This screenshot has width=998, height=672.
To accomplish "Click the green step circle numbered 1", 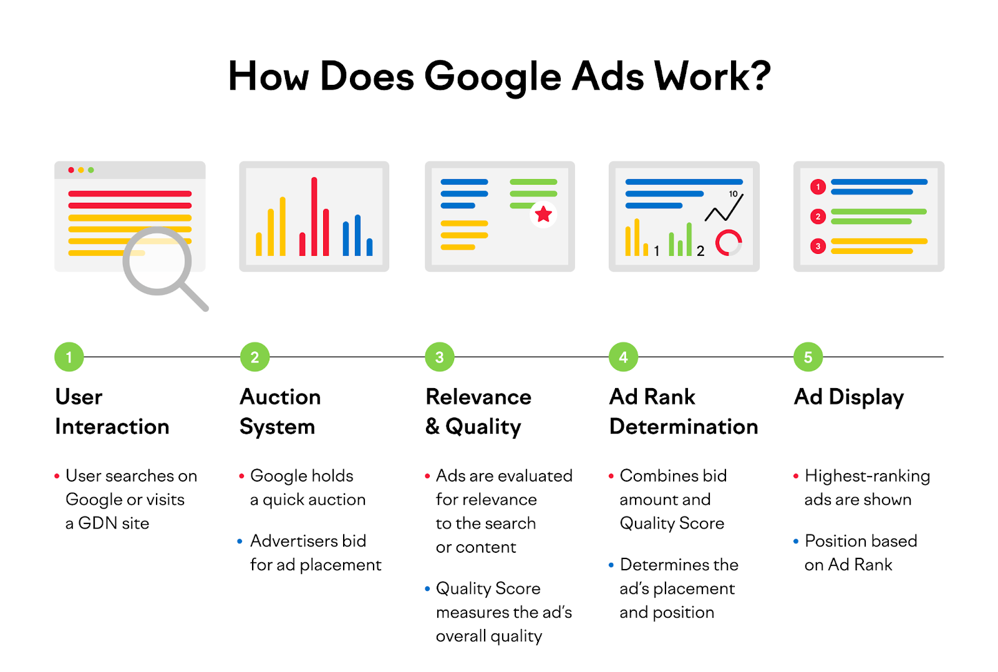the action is click(x=69, y=357).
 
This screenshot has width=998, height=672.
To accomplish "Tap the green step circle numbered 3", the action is click(x=440, y=357).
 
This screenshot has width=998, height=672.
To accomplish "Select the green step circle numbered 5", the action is click(x=808, y=357).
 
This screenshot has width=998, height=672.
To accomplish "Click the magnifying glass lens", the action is click(x=157, y=261).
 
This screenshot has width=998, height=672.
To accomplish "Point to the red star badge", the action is click(x=543, y=215).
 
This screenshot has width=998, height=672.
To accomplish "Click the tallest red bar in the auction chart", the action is click(x=314, y=216).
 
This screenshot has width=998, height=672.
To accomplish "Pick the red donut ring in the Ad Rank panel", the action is click(x=729, y=243).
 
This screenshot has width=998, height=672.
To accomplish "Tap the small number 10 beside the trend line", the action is click(x=733, y=194).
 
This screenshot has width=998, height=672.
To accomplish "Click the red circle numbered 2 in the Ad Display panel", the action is click(x=818, y=217).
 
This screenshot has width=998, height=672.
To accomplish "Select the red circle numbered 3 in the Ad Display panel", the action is click(x=818, y=246).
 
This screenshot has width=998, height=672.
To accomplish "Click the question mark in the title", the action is click(x=759, y=75).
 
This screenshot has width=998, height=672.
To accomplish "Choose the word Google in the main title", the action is click(x=493, y=78).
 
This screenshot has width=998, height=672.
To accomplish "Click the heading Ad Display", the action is click(x=849, y=397).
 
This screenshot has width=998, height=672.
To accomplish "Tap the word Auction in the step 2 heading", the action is click(x=280, y=397).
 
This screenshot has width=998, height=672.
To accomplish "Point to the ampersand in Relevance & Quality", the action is click(x=433, y=426).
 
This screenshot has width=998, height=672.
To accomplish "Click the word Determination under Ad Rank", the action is click(x=684, y=426).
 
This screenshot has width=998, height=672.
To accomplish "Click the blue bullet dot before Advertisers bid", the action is click(x=240, y=542).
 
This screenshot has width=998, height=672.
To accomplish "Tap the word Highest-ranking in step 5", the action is click(x=868, y=476).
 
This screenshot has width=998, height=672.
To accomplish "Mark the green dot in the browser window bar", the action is click(x=91, y=170).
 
